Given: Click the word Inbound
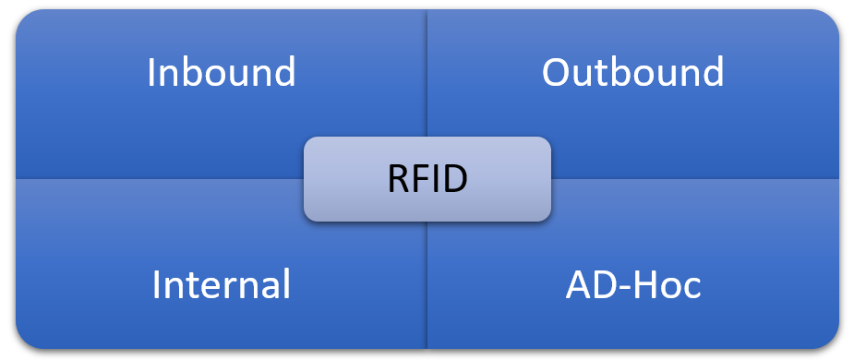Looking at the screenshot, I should click(x=222, y=72).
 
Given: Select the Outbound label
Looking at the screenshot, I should click(x=632, y=72).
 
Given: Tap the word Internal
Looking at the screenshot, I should click(x=222, y=284).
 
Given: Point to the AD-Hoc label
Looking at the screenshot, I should click(x=632, y=284).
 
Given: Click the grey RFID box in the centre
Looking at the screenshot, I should click(x=427, y=178).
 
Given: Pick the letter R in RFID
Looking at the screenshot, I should click(x=397, y=178).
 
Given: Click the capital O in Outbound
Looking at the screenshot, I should click(x=556, y=72).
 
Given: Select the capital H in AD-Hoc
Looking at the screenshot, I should click(x=644, y=284).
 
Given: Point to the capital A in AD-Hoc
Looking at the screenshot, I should click(x=577, y=284).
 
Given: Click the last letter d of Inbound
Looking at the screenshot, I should click(x=284, y=72).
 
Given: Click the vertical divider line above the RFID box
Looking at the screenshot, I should click(x=427, y=74).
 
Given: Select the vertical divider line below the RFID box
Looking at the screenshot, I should click(x=427, y=286).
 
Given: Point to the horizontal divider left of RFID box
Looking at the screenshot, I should click(x=157, y=178).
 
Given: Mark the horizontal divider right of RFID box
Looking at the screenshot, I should click(x=692, y=178).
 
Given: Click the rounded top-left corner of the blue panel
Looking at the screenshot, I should click(x=23, y=18).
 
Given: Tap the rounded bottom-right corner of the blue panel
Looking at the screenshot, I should click(x=830, y=341).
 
